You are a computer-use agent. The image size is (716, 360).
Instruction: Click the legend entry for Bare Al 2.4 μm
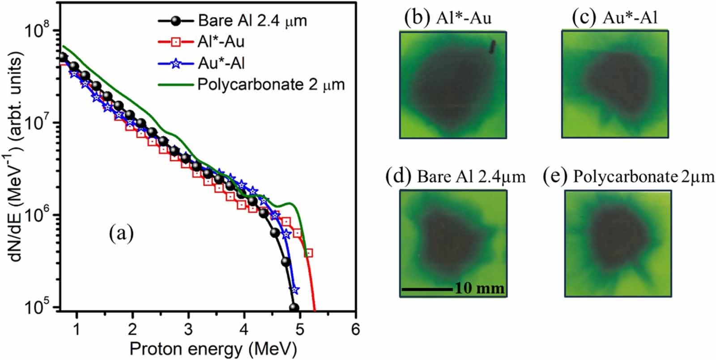pos(252,21)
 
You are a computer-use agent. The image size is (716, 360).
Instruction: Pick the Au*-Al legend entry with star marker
pos(221,64)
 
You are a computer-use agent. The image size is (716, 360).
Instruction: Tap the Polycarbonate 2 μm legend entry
pos(271,85)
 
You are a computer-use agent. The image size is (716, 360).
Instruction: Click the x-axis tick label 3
pos(188,329)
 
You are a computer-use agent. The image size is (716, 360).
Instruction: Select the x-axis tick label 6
pos(355,329)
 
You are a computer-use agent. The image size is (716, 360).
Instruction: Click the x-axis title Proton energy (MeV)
pos(213,349)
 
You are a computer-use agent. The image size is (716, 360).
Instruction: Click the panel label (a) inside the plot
pos(121,233)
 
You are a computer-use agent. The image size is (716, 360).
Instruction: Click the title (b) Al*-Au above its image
pos(447,18)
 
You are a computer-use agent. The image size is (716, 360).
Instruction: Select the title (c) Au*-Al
pos(614,18)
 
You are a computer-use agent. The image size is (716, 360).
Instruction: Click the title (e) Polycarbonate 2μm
pos(628,177)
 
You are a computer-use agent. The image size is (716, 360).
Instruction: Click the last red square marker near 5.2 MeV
pos(308,253)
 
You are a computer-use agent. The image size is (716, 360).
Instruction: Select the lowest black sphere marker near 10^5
pos(294,308)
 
